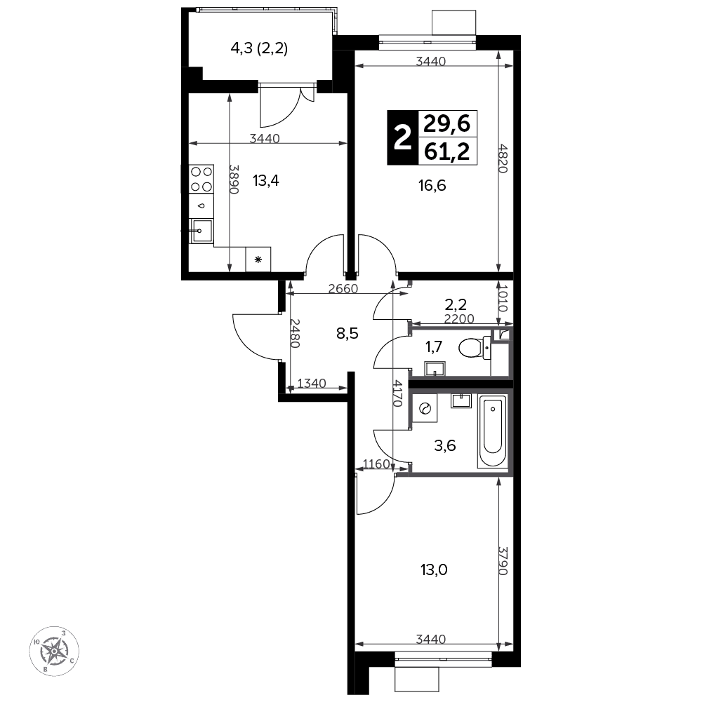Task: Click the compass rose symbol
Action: coord(54,651)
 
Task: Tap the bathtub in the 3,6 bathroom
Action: coord(493,431)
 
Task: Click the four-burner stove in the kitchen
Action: coord(201,179)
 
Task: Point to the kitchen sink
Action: coord(201,231)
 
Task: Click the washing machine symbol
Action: coord(424,408)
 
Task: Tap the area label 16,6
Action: coord(432,185)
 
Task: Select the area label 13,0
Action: coord(434,570)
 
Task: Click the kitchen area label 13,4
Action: coord(266,181)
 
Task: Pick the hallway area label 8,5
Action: coord(347,334)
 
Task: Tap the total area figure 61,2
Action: coord(447,151)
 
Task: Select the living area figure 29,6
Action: coord(447,123)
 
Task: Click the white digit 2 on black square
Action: coord(402,137)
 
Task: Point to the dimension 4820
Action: coord(503,158)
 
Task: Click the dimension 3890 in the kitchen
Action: coord(234,179)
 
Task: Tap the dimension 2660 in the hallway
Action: coord(343,289)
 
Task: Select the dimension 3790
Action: coord(503,560)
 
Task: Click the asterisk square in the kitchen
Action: coord(258,259)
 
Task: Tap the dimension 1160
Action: coord(376,464)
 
